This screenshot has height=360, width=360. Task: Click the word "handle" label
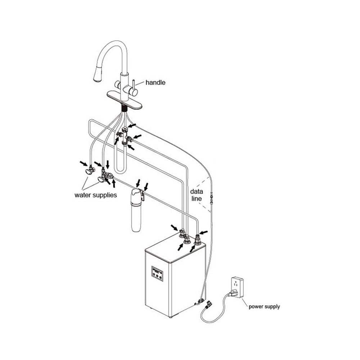coord(156,82)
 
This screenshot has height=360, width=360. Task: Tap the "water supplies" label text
coord(95,195)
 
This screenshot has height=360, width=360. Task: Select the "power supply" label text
coord(264,306)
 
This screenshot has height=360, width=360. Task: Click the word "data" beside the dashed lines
coord(197,192)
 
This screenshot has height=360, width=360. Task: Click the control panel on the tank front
coord(157,274)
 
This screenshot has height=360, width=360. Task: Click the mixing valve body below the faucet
coord(124,137)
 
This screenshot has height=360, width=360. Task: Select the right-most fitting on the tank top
coord(197,240)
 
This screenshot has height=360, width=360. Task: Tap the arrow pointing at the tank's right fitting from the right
coord(203,232)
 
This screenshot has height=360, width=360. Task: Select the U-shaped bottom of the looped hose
coord(120,169)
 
